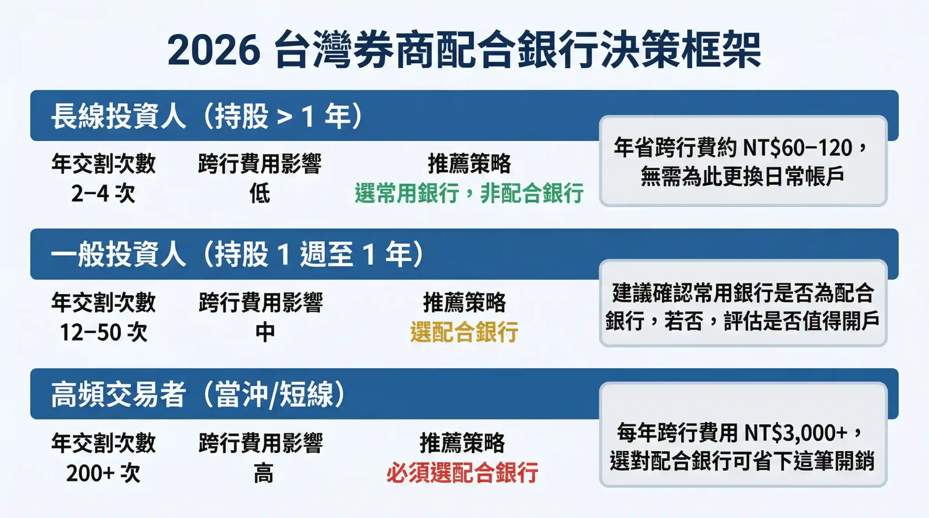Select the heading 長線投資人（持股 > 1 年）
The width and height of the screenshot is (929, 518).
tap(207, 116)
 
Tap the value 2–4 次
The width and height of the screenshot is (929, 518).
tap(103, 193)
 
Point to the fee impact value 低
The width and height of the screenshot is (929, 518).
tap(260, 193)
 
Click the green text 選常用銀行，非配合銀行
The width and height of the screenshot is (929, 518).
tap(469, 193)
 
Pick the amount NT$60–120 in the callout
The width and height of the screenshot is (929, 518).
tap(798, 148)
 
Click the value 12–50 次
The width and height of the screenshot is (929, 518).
tap(103, 332)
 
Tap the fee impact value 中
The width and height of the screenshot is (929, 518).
tap(265, 332)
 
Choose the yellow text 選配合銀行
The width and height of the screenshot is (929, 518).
tap(464, 332)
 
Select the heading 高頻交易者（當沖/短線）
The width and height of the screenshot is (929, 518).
tap(198, 394)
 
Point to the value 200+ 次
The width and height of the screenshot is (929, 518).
tap(103, 473)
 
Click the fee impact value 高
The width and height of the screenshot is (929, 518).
tap(263, 473)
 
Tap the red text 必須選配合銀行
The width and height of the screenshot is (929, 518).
tap(462, 473)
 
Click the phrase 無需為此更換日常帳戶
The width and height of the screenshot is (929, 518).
tap(742, 177)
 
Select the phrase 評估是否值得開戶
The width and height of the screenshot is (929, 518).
tap(801, 321)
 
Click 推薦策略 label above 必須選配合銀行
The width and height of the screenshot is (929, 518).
tap(462, 443)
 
